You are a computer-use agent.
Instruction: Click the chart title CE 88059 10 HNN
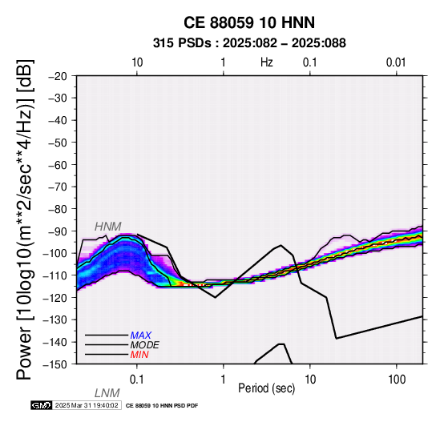249,22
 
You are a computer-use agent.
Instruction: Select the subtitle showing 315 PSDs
249,43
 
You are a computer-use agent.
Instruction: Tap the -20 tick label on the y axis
58,76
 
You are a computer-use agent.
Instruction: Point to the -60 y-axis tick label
58,165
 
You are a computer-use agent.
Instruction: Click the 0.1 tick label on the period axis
137,380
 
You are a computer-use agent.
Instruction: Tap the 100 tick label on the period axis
397,380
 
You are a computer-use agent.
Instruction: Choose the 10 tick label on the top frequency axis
137,62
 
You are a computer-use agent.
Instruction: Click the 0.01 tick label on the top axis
396,62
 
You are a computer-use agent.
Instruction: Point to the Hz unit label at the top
267,62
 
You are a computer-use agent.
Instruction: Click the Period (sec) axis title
266,388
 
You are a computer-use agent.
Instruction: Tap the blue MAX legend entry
141,336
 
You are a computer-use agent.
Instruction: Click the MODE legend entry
145,345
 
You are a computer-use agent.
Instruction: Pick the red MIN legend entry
139,355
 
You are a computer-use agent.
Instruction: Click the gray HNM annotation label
108,227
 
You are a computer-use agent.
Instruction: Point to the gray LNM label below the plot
107,393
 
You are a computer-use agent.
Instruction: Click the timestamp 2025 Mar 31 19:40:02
87,405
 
